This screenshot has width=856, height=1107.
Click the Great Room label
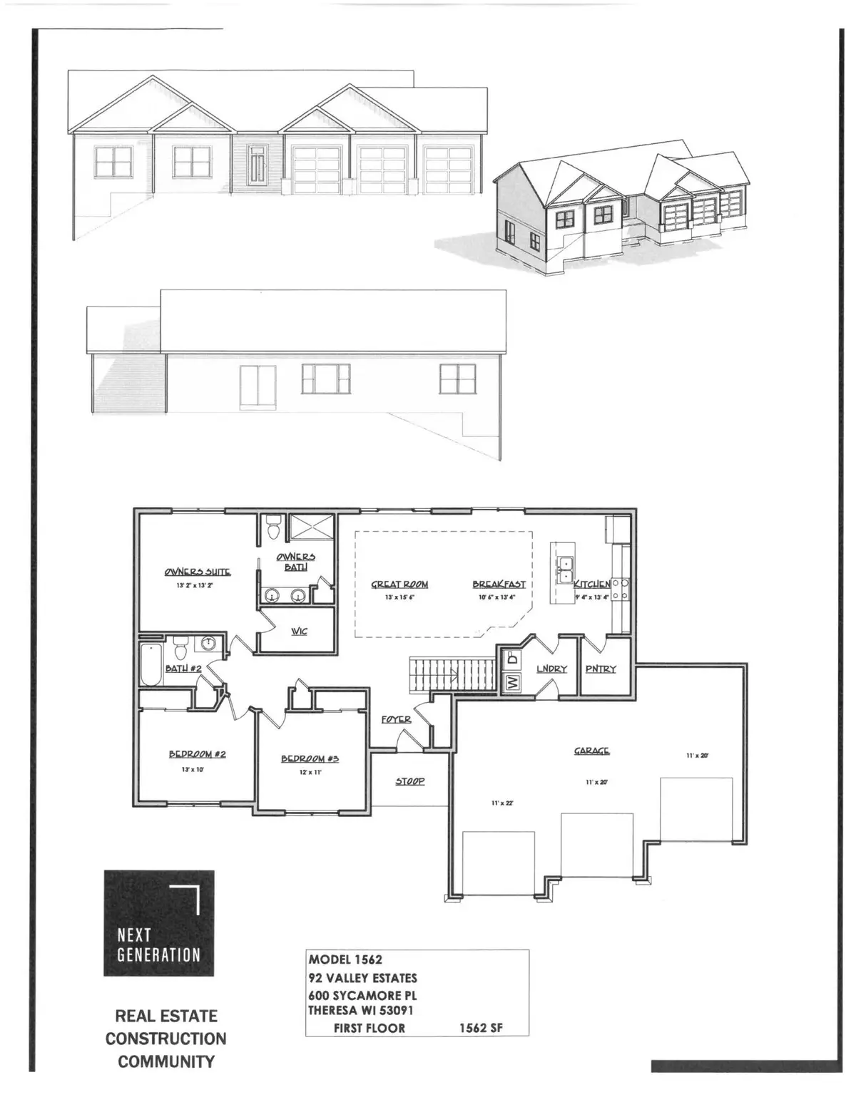[399, 585]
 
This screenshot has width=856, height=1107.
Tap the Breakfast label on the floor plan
[499, 585]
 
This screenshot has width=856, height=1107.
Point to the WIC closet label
[300, 631]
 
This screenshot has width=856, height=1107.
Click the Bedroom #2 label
[197, 754]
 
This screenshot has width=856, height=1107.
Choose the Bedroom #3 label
[310, 758]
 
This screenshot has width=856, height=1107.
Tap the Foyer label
[396, 720]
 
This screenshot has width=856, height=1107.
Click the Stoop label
[410, 781]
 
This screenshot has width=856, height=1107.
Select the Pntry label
[601, 669]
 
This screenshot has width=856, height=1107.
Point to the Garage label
[592, 751]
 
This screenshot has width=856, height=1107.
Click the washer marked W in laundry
[512, 682]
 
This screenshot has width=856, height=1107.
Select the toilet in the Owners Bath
[272, 530]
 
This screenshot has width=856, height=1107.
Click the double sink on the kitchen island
[566, 570]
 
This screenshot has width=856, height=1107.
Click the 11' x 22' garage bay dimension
[503, 803]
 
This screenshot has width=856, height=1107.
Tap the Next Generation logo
[159, 923]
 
